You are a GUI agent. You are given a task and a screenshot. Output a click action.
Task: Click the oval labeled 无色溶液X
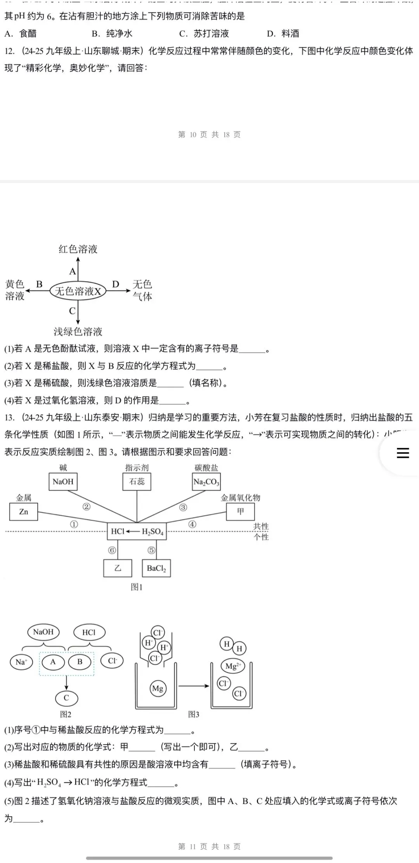(78, 291)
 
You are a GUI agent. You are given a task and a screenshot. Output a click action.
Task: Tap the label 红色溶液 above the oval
(78, 249)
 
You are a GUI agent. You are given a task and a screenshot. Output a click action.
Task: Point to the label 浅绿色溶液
(78, 332)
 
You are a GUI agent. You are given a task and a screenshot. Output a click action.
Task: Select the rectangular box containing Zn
(24, 512)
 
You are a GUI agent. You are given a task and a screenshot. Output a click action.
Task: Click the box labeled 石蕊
(137, 482)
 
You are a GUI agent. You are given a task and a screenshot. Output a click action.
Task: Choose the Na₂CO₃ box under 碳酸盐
(206, 482)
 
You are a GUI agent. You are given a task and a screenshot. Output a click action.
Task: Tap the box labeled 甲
(241, 512)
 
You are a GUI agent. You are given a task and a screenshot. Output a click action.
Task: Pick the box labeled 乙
(118, 568)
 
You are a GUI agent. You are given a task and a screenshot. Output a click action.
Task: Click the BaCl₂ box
(156, 568)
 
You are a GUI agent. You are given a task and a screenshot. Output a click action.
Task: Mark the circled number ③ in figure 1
(183, 507)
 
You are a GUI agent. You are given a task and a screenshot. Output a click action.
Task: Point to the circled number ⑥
(112, 550)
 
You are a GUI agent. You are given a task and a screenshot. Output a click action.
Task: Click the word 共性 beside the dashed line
(261, 526)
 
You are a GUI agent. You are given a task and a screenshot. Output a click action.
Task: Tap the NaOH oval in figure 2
(43, 632)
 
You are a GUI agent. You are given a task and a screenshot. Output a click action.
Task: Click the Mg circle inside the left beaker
(158, 688)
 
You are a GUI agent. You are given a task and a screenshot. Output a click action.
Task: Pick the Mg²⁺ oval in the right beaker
(233, 666)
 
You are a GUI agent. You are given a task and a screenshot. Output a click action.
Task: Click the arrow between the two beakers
(194, 686)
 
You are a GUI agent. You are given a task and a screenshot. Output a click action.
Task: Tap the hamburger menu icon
(403, 453)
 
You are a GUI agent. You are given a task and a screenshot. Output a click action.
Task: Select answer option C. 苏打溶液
(204, 34)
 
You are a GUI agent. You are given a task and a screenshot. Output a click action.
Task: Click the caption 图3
(194, 714)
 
